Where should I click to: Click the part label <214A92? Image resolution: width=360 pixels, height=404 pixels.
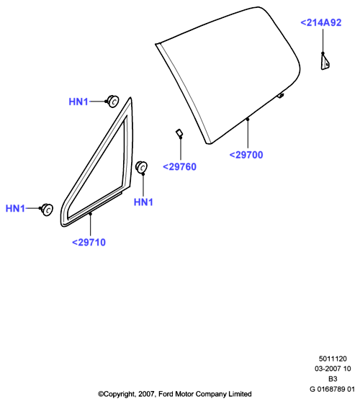[x=321, y=22]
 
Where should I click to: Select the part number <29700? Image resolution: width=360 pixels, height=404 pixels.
[x=246, y=155]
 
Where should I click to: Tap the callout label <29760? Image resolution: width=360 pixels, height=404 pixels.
[x=179, y=166]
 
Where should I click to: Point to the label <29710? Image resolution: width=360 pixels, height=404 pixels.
[x=89, y=242]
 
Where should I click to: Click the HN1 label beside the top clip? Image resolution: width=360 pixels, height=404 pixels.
[x=78, y=102]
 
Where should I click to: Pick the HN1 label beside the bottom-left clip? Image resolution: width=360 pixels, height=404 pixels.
[x=15, y=208]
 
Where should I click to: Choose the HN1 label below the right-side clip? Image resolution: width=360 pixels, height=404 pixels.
[x=143, y=202]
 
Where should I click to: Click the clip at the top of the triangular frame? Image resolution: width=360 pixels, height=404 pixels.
[x=113, y=102]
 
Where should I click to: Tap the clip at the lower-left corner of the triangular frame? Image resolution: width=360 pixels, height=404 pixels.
[x=47, y=210]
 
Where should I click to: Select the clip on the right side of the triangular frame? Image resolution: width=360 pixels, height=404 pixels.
[x=141, y=167]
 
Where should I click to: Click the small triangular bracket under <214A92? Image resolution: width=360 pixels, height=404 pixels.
[x=325, y=61]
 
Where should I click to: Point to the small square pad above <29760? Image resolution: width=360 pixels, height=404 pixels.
[x=179, y=133]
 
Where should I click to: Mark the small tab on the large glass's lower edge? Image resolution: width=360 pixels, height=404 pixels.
[x=280, y=96]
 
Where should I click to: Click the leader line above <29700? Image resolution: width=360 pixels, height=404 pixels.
[x=248, y=133]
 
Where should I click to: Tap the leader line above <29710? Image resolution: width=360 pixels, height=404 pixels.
[x=91, y=225]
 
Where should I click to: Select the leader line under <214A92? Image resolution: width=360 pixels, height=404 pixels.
[x=323, y=41]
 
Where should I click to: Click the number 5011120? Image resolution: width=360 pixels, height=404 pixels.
[x=333, y=359]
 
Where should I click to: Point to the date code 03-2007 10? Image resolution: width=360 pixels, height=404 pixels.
[x=333, y=369]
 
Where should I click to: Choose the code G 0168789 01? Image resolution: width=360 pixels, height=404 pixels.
[x=332, y=389]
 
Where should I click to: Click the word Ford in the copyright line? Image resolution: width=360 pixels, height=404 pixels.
[x=166, y=394]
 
